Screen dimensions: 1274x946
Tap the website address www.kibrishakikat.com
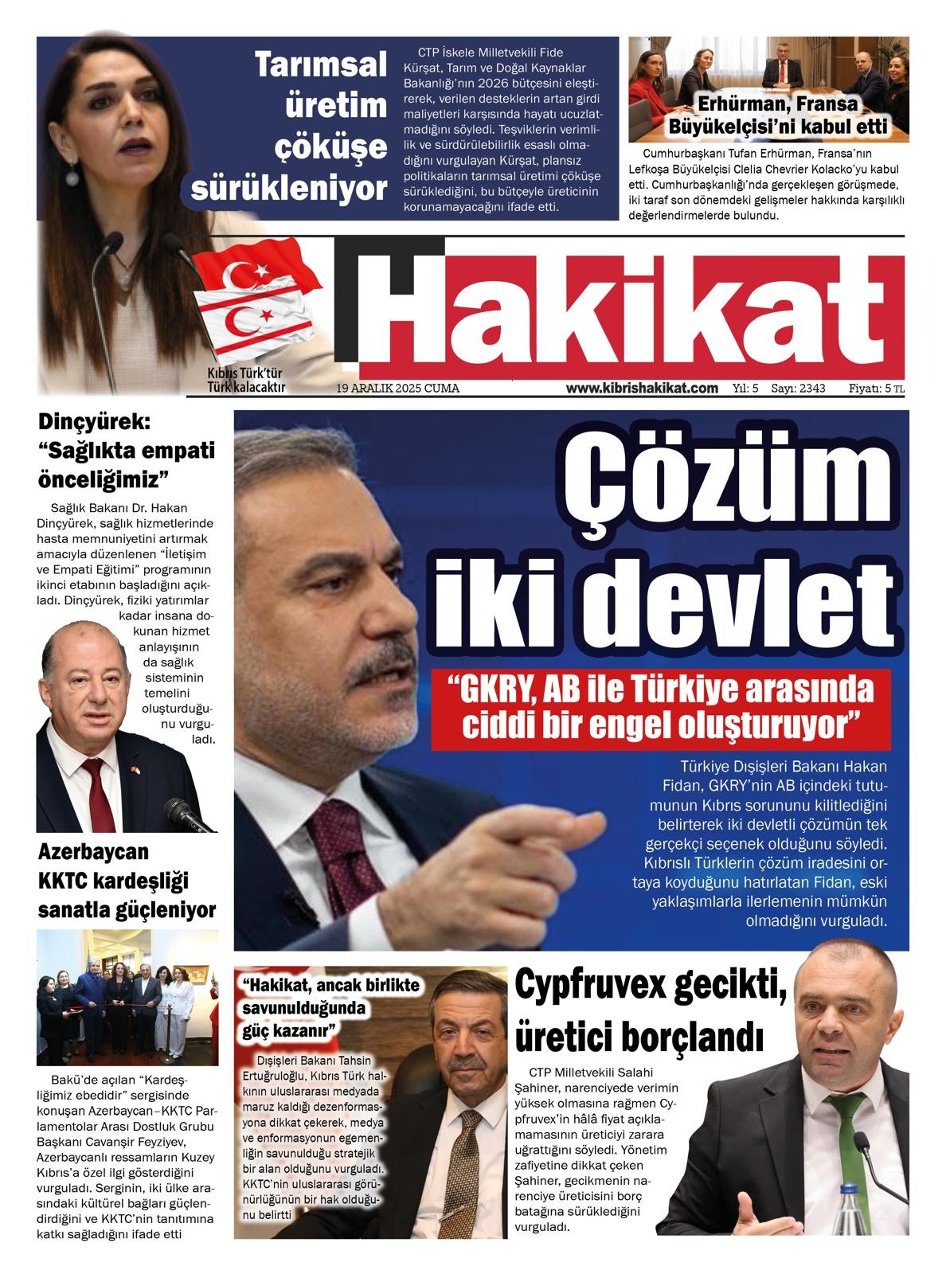pyautogui.click(x=642, y=389)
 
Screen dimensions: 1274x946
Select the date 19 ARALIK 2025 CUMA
pyautogui.click(x=398, y=389)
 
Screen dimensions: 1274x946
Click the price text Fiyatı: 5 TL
pyautogui.click(x=876, y=389)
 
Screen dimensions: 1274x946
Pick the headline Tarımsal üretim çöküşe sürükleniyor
pyautogui.click(x=322, y=126)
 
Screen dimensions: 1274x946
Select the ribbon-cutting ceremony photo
pyautogui.click(x=127, y=996)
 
